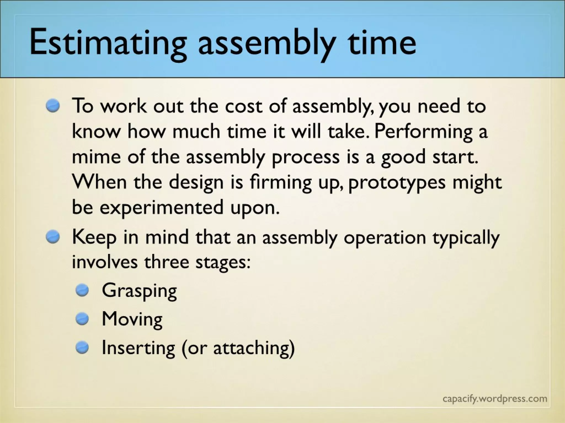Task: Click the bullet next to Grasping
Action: point(82,291)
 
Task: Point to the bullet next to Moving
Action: point(82,319)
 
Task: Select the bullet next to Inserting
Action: point(82,348)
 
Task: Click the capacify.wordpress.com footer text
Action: point(495,398)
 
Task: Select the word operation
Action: point(385,237)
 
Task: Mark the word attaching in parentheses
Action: point(251,348)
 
